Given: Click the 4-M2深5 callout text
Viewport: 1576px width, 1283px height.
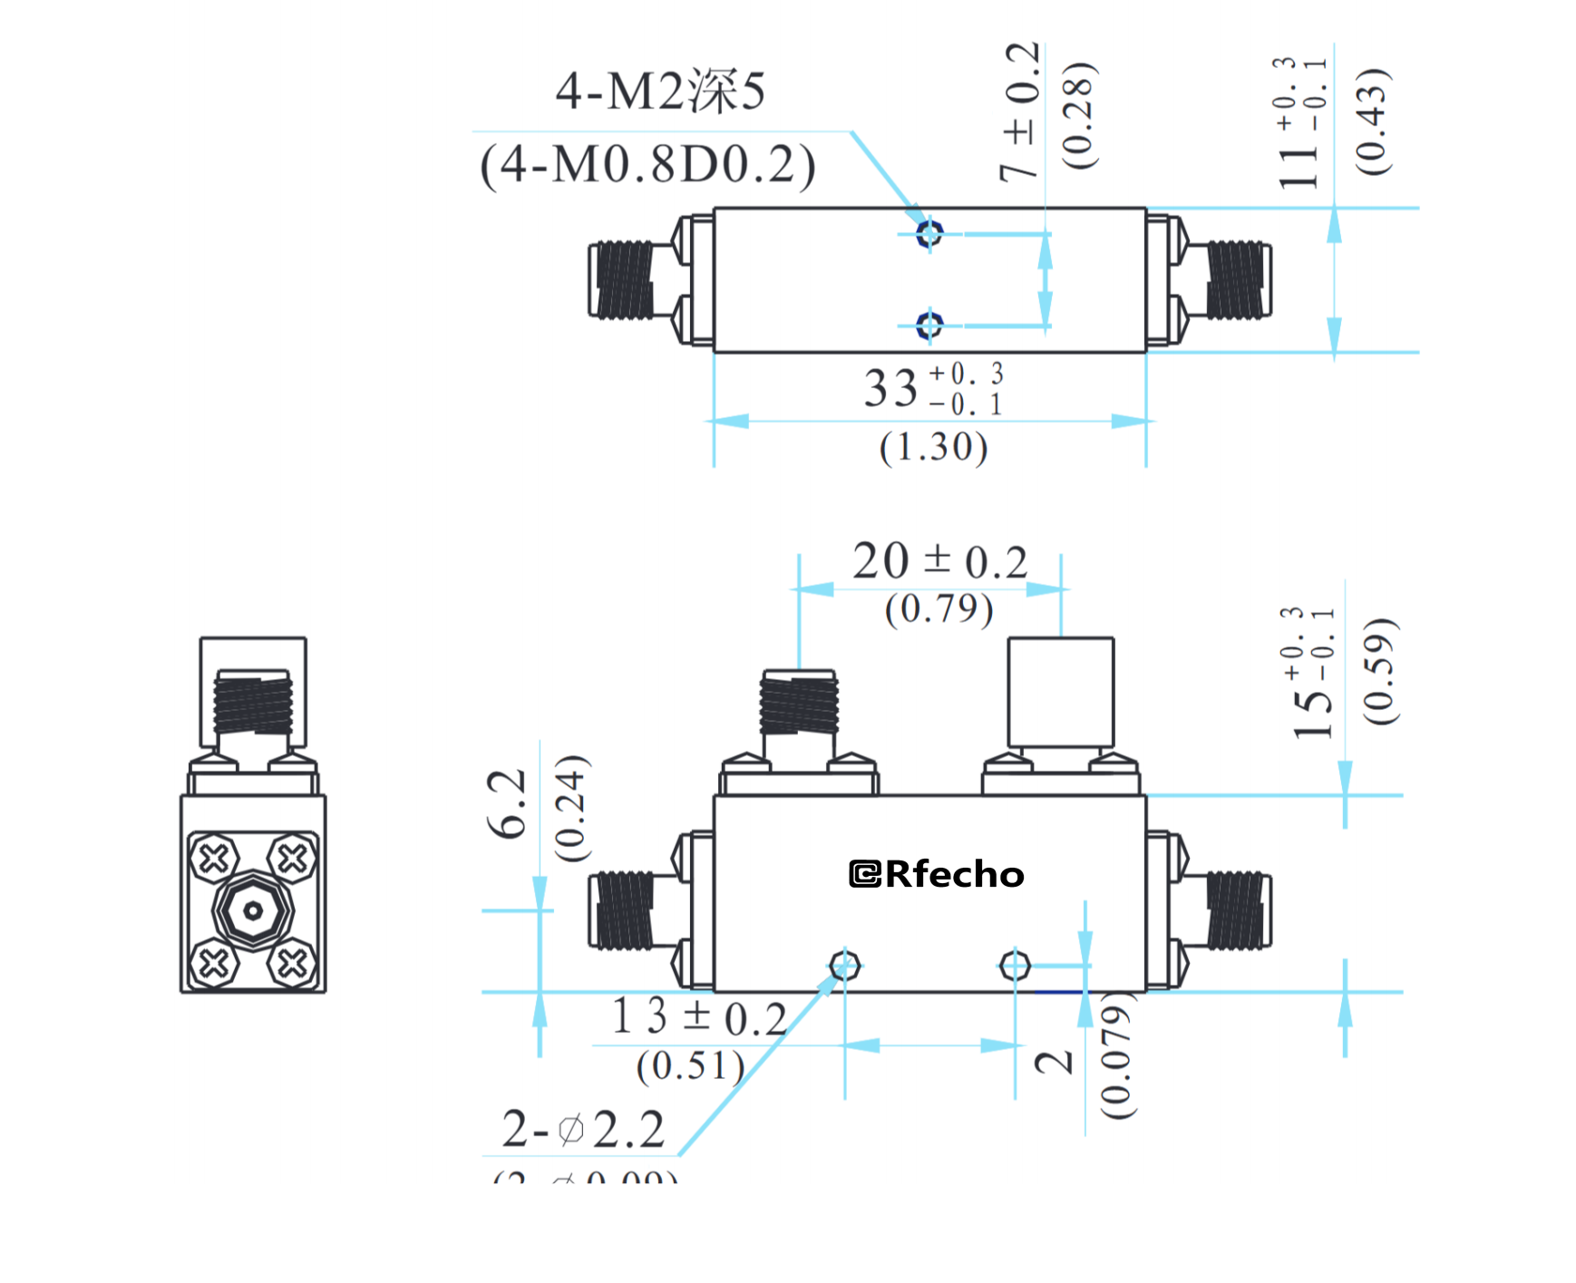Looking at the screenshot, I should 660,92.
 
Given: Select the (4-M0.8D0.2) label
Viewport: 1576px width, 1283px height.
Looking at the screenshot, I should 647,165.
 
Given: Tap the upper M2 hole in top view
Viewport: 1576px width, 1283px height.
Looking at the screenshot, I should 929,233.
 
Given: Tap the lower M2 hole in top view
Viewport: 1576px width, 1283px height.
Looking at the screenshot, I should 929,325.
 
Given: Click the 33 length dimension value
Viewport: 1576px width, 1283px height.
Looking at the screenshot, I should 891,388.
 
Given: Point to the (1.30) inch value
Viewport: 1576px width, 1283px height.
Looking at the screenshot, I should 933,447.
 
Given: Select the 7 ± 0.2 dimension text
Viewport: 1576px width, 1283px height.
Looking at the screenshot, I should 1020,112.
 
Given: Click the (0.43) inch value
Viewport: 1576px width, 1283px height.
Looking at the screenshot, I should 1371,121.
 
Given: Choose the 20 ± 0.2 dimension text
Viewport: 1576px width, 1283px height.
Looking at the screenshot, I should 939,561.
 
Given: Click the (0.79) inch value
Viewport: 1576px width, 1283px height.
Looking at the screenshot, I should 939,608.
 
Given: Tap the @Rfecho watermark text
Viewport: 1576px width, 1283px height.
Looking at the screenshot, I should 937,874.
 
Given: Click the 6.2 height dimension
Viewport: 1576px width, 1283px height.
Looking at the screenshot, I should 507,803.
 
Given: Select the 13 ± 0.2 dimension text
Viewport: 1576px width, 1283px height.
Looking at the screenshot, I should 698,1016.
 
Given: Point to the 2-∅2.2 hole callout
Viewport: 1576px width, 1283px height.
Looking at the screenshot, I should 583,1130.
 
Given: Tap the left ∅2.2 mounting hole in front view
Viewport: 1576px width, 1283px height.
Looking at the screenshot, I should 844,966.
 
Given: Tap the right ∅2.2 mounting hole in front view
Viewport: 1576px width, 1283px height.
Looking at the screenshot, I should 1015,966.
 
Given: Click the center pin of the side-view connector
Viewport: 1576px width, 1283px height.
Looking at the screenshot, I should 253,910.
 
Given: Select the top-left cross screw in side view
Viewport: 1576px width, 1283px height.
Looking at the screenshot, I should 214,858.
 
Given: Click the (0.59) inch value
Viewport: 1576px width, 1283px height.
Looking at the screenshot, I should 1379,671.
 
